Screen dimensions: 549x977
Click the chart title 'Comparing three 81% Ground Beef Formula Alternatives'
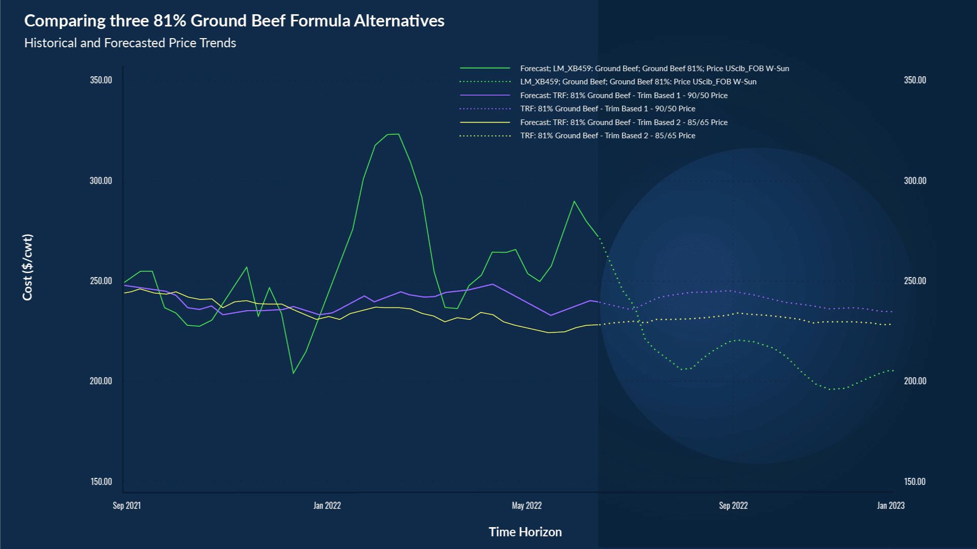click(x=234, y=21)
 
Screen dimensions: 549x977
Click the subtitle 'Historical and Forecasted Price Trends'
click(x=130, y=43)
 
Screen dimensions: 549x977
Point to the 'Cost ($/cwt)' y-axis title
click(x=27, y=267)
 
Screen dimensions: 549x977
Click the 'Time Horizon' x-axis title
click(x=525, y=532)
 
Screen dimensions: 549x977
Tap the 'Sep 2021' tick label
click(x=127, y=505)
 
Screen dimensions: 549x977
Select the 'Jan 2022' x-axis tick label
click(x=327, y=505)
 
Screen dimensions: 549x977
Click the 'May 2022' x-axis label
click(x=527, y=505)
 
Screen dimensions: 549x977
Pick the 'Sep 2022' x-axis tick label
click(x=733, y=505)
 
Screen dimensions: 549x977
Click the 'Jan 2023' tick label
click(x=890, y=505)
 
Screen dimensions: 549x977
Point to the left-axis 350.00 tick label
click(x=101, y=80)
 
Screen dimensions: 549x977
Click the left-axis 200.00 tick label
click(x=101, y=381)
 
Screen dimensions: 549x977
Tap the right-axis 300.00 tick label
click(x=915, y=180)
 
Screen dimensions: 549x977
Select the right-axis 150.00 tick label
click(x=915, y=481)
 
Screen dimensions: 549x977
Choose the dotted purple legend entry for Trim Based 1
click(x=608, y=109)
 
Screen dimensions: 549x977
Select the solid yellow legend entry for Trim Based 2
click(x=624, y=122)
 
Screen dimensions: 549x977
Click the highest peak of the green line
click(x=398, y=134)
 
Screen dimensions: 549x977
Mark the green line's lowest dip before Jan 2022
click(x=294, y=374)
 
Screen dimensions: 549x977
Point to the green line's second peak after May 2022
click(x=574, y=201)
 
